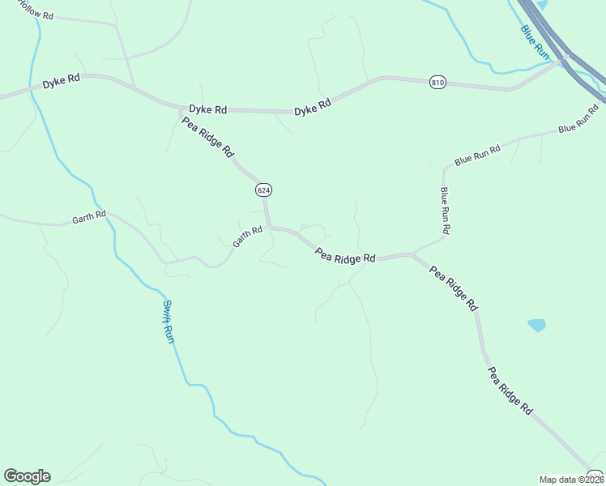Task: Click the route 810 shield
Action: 438,83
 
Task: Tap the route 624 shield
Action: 262,190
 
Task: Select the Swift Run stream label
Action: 169,322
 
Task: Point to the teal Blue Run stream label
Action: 535,41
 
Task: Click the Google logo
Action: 27,476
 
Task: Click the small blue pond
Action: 536,325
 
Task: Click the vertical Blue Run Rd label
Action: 445,211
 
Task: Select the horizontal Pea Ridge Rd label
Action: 345,255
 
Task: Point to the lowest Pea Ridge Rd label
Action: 510,390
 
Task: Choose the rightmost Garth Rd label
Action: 247,237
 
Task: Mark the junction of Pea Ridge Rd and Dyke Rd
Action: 181,108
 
